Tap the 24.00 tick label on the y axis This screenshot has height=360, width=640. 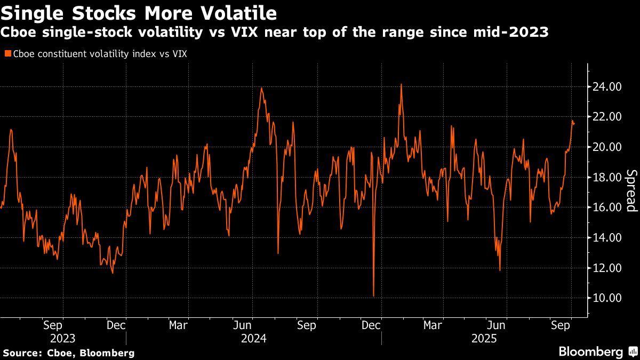(x=606, y=86)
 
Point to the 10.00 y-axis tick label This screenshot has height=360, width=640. (x=606, y=298)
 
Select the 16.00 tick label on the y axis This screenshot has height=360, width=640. (x=606, y=207)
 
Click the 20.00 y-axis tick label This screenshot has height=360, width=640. (x=606, y=147)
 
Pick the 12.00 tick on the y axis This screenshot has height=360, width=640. (x=606, y=268)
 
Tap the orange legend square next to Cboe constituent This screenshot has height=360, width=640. (x=7, y=53)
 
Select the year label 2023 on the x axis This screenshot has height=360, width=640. (x=62, y=338)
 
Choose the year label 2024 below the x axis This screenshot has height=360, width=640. (x=254, y=338)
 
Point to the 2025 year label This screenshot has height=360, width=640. (x=484, y=338)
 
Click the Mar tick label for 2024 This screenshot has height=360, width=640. (x=178, y=325)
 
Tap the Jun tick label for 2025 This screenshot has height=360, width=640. (x=497, y=325)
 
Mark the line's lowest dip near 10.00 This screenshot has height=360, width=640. (x=373, y=296)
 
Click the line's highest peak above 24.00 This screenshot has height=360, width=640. (x=401, y=84)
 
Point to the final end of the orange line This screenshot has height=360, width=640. (x=574, y=124)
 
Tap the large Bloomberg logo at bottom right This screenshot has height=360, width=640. (x=590, y=352)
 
